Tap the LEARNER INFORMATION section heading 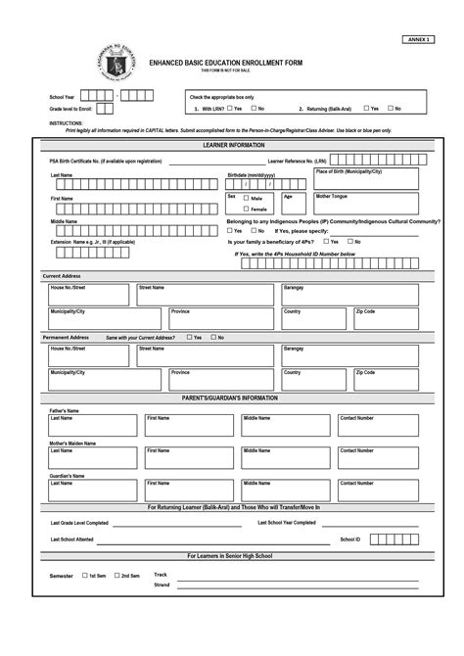(232, 144)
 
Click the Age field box (295, 202)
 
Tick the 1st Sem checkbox (85, 576)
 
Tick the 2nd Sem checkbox (117, 576)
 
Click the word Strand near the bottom (162, 586)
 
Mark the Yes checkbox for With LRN (228, 109)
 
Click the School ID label (351, 539)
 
